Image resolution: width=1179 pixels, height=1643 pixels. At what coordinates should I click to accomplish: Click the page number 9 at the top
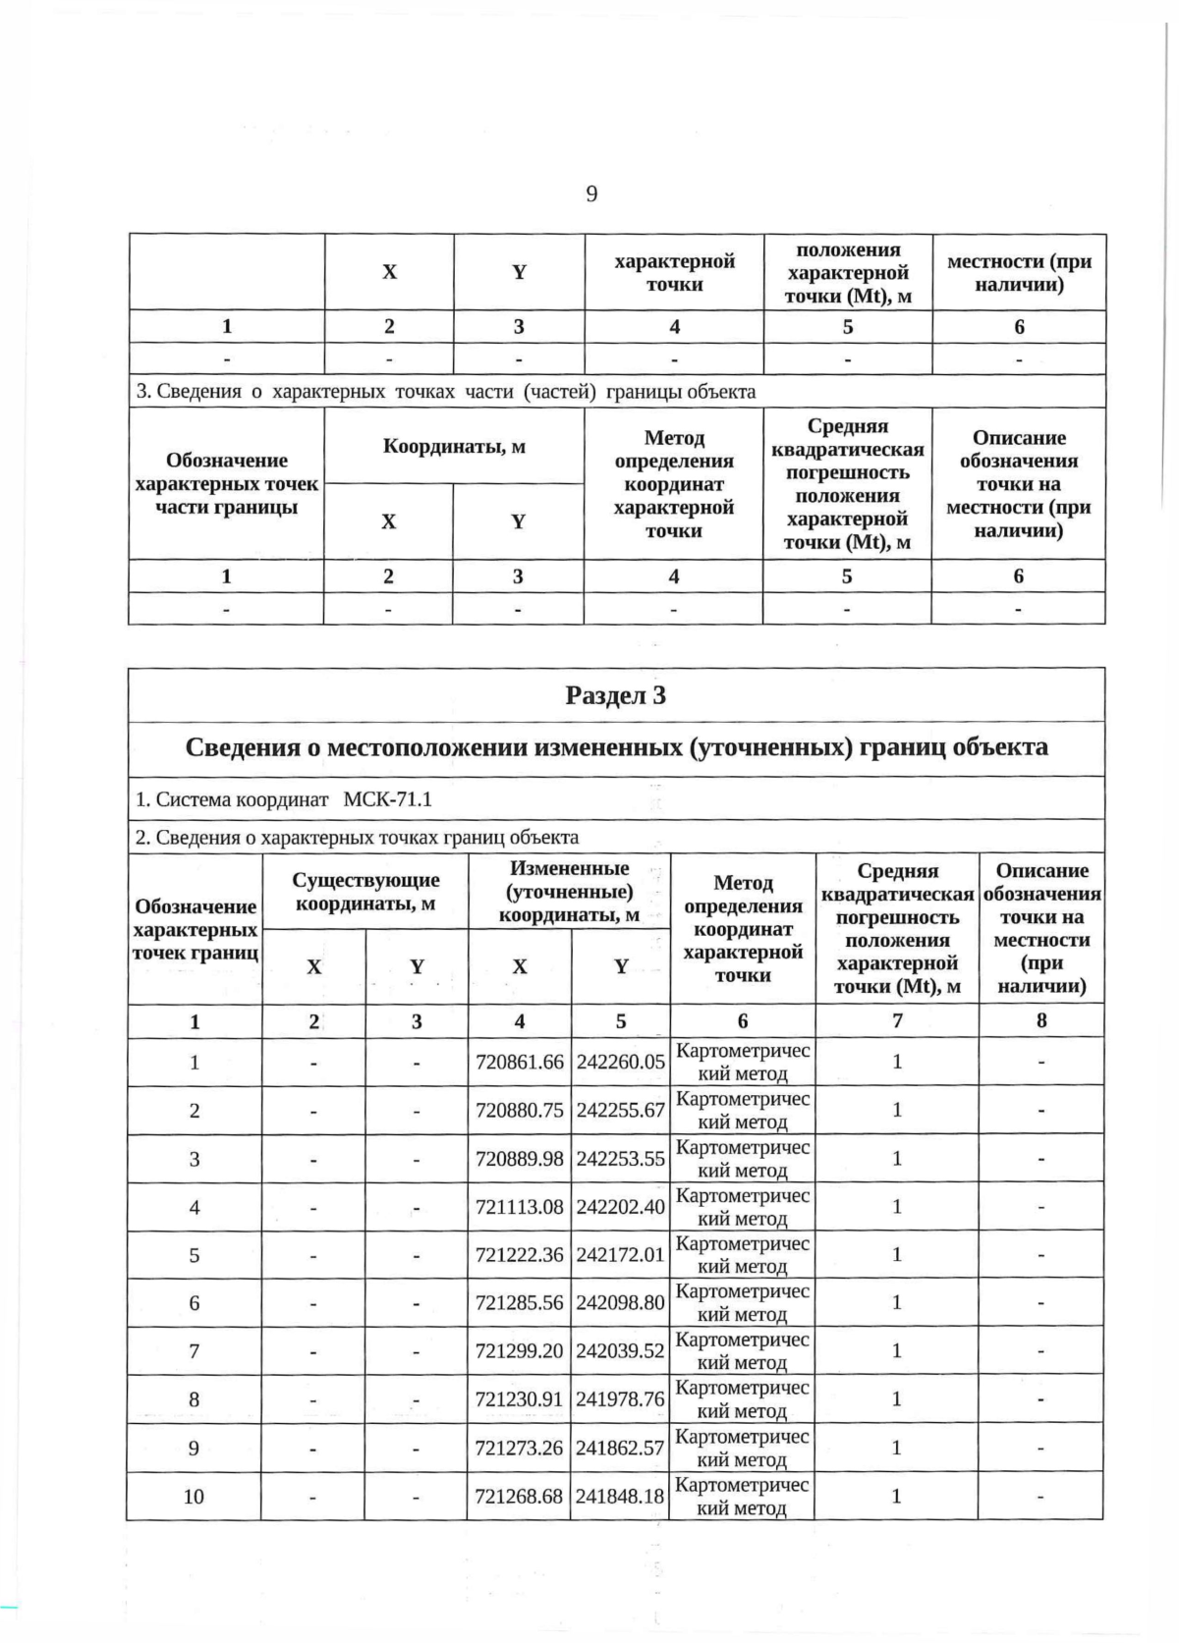click(x=591, y=193)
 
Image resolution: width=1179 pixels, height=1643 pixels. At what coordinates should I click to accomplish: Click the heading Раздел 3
click(x=616, y=695)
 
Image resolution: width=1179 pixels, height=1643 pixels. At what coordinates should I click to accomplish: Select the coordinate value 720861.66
click(x=520, y=1062)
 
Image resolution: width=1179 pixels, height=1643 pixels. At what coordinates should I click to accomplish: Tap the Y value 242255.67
click(x=620, y=1110)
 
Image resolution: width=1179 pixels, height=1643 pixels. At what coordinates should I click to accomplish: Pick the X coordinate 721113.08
click(x=520, y=1206)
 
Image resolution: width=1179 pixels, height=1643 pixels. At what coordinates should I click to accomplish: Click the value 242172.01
click(x=620, y=1254)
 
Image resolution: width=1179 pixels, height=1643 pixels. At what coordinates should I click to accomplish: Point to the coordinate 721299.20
click(x=520, y=1350)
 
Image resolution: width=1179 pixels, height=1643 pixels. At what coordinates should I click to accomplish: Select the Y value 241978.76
click(x=620, y=1398)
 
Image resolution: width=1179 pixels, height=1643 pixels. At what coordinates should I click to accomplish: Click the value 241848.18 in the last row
click(x=620, y=1496)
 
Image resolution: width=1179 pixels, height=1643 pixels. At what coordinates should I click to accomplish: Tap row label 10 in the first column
click(x=194, y=1496)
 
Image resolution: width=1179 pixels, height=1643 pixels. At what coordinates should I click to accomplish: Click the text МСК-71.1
click(x=387, y=798)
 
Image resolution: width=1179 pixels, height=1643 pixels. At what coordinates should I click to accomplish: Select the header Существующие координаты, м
click(x=365, y=892)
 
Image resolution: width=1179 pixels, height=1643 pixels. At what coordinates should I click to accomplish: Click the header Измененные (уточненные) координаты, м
click(x=569, y=892)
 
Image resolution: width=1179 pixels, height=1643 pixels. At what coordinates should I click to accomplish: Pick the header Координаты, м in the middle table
click(x=454, y=447)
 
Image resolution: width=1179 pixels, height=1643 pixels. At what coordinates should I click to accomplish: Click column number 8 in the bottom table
click(x=1041, y=1020)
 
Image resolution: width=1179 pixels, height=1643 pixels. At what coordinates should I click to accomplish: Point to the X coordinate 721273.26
click(x=520, y=1448)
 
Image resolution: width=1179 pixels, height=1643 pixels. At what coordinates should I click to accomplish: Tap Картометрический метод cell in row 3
click(x=743, y=1159)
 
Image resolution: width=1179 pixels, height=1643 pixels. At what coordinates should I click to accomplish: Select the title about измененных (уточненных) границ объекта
click(x=616, y=747)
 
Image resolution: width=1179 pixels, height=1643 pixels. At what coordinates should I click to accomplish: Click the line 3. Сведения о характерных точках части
click(x=446, y=392)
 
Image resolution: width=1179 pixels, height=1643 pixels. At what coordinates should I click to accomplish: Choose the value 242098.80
click(x=620, y=1302)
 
